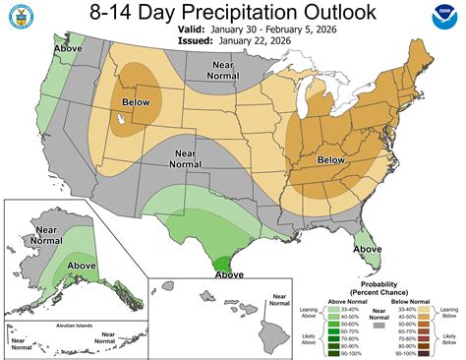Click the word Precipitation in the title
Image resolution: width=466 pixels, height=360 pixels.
[231, 14]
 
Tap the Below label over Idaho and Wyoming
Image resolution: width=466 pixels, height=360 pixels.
[137, 100]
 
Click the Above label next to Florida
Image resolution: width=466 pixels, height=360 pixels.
[367, 249]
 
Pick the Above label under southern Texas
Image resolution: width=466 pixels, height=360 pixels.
[229, 276]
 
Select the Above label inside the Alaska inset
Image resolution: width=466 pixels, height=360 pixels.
[82, 266]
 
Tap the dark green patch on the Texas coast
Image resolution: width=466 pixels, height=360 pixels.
[225, 263]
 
